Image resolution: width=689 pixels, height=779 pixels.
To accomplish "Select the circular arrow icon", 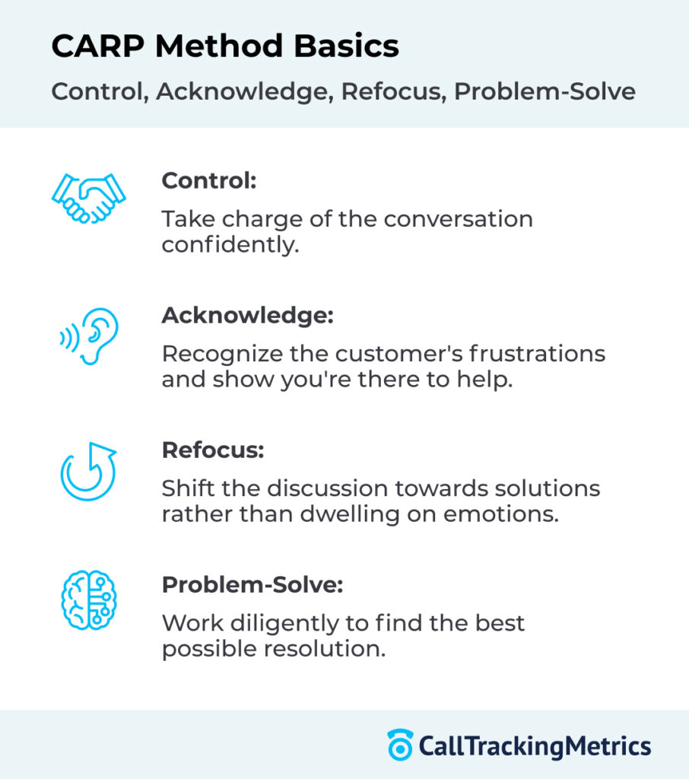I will coord(88,471).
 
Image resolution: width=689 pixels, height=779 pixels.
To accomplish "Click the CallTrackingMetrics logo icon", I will coord(399,745).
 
